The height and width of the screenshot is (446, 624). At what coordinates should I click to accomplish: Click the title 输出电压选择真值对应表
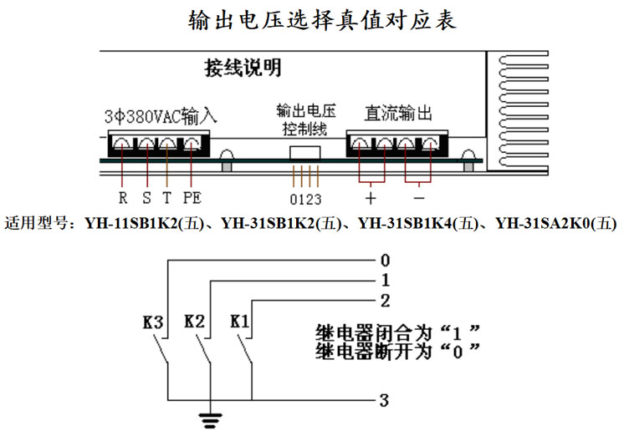322,20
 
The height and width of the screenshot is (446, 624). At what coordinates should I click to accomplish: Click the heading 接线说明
243,68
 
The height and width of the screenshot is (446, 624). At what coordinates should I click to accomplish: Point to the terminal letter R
123,198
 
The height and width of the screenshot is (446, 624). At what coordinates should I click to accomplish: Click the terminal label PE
192,198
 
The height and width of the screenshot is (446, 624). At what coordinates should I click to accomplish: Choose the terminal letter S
146,198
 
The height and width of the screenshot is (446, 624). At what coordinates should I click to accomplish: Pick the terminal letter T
168,198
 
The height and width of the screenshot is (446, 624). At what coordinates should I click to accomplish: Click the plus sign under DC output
371,198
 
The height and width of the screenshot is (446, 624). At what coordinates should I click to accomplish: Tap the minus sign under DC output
419,198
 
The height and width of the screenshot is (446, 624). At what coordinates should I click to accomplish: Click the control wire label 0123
305,200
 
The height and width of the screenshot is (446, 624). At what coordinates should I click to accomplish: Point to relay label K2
194,321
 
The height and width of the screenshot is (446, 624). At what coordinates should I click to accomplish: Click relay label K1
239,321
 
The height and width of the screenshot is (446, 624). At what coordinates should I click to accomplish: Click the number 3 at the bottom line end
384,401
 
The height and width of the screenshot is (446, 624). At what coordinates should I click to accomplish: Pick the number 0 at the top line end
384,260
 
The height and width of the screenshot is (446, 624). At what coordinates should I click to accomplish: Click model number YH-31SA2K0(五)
556,223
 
